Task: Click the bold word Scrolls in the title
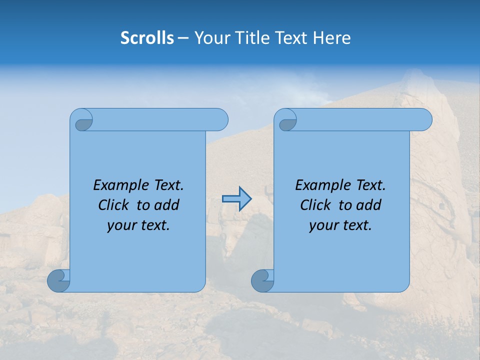click(x=147, y=38)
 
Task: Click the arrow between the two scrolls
click(x=237, y=199)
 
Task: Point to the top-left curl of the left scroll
click(x=83, y=121)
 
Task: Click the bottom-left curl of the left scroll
click(x=58, y=280)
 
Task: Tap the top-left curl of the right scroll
click(x=287, y=121)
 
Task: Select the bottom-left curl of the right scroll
click(x=262, y=280)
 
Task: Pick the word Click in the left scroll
click(x=113, y=205)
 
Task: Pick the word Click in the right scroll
click(x=315, y=205)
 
